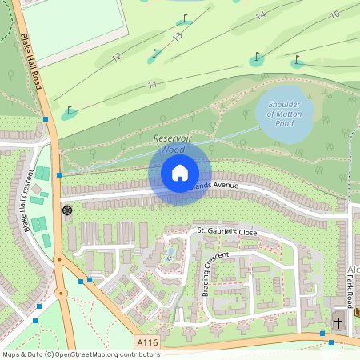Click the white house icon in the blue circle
coord(180,173)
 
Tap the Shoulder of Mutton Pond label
coord(283,114)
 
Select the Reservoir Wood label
coord(173,144)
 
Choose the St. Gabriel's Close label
coord(227,231)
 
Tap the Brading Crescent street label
coord(215,274)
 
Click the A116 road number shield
coord(146,342)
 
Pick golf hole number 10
coord(334,14)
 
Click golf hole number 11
coord(152,85)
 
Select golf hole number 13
coord(177,36)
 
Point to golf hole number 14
coord(260,15)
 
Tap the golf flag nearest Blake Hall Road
coord(70,110)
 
